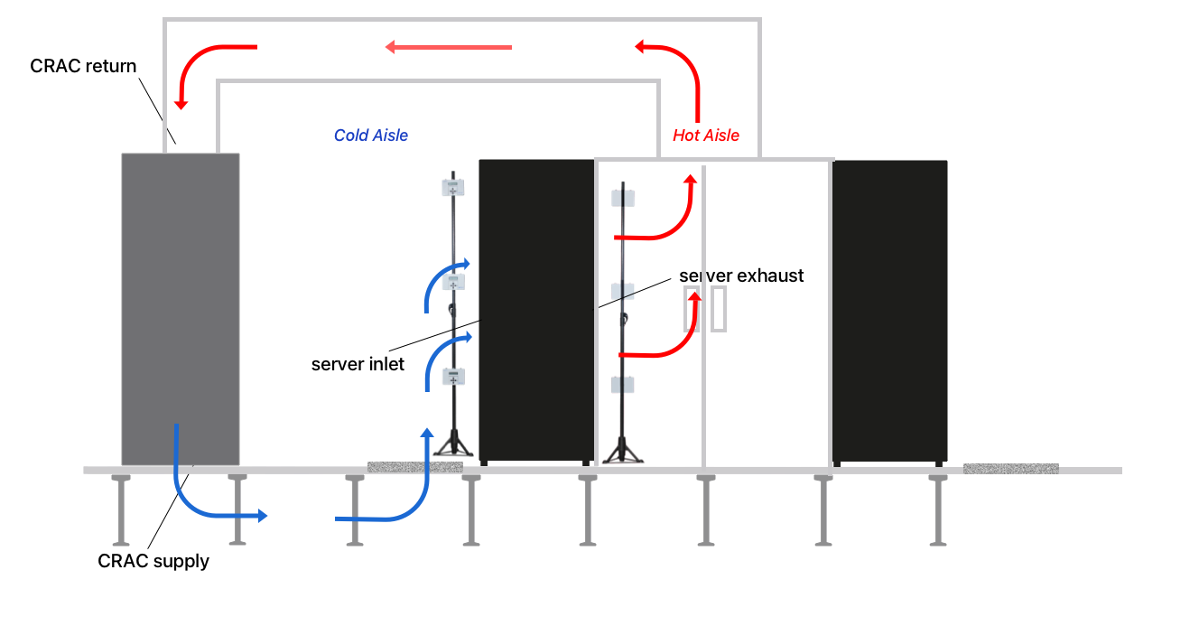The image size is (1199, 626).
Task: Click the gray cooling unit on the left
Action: coord(181,307)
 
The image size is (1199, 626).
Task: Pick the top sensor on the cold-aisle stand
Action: coord(452,189)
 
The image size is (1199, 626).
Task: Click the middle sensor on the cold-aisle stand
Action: coord(452,282)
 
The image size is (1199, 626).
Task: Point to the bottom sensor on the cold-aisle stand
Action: coord(452,378)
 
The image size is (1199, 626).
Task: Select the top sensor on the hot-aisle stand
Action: coord(622,195)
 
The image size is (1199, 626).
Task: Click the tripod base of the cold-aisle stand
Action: coord(451,448)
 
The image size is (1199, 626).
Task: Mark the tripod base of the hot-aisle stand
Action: coord(621,452)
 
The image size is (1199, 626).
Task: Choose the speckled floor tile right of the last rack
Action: coord(1010,469)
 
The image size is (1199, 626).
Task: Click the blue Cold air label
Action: coord(366,135)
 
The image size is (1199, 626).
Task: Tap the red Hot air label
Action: coord(711,142)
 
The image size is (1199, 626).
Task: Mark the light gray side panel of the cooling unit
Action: coord(250,307)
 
